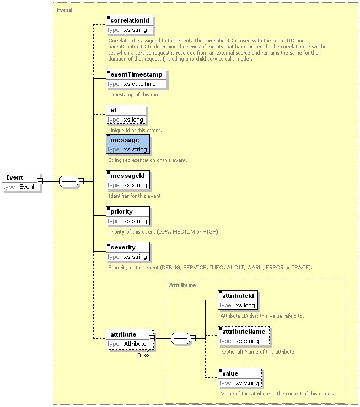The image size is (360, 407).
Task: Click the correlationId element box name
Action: (x=130, y=20)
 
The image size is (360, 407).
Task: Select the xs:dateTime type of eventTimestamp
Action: (x=139, y=84)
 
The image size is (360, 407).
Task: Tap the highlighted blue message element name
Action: (x=125, y=140)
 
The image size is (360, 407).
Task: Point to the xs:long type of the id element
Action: (x=133, y=120)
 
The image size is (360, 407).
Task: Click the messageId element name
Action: (x=127, y=176)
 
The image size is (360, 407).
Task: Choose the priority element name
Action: (x=121, y=212)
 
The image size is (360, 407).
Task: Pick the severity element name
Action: (x=123, y=248)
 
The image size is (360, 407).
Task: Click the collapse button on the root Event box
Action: (x=40, y=181)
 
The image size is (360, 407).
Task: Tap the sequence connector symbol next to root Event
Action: (x=68, y=181)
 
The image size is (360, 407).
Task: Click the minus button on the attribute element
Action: (x=152, y=339)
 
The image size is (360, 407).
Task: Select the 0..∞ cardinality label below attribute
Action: (x=143, y=355)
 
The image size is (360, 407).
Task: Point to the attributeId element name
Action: (x=238, y=296)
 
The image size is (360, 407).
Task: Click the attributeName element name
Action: (x=244, y=332)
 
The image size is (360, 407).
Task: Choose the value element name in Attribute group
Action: (x=230, y=373)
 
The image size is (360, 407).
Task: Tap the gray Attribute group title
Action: (x=182, y=285)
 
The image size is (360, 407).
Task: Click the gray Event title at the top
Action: (x=65, y=10)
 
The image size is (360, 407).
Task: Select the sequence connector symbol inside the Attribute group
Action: (x=180, y=339)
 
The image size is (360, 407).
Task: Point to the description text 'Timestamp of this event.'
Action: (x=137, y=95)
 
